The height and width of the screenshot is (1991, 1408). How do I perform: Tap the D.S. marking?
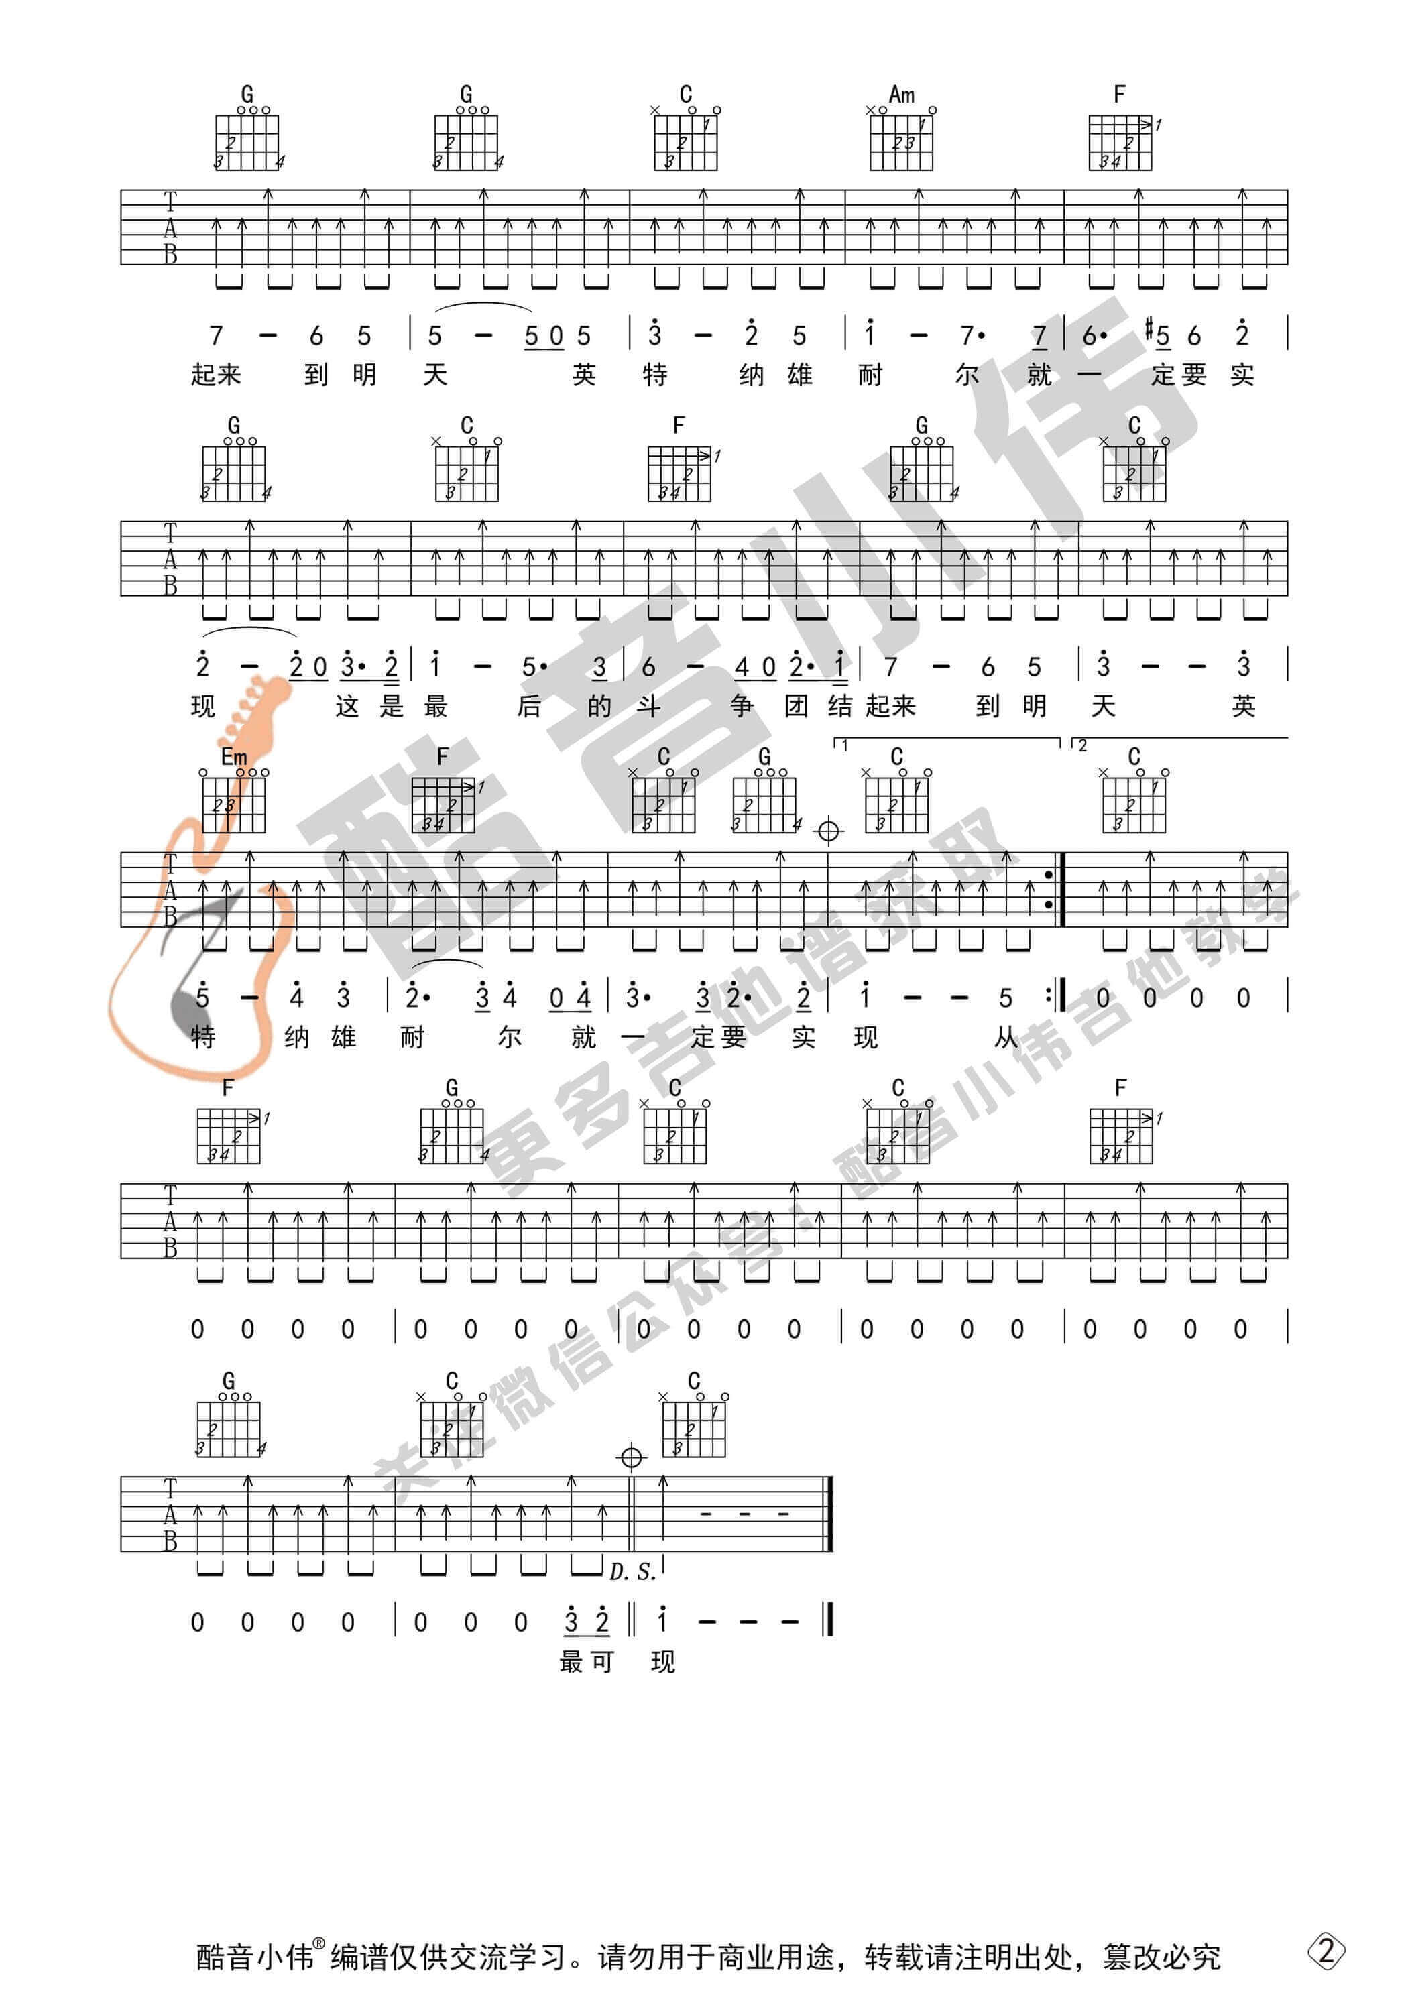632,1571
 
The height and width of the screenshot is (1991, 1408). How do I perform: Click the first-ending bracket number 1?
844,745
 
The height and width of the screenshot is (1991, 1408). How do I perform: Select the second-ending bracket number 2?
1081,745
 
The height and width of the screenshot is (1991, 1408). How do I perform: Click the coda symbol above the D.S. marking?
632,1457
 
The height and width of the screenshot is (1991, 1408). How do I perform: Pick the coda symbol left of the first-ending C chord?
829,831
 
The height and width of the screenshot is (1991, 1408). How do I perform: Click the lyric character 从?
1006,1037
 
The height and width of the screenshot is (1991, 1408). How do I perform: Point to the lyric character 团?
797,706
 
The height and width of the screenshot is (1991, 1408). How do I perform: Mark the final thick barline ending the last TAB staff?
831,1512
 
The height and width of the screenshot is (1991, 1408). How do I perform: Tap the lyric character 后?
529,706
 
